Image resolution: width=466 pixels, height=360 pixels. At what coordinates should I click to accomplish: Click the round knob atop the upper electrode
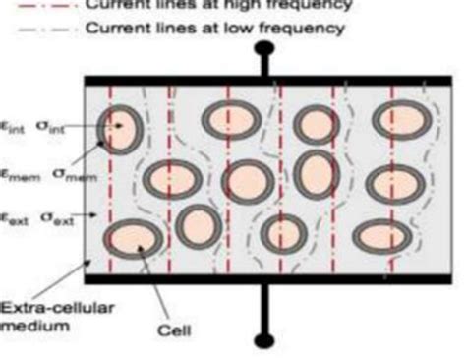coord(264,48)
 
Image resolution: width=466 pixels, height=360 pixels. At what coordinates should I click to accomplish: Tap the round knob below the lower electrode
coord(264,340)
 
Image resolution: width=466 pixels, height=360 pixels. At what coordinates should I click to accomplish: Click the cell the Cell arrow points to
coord(133,240)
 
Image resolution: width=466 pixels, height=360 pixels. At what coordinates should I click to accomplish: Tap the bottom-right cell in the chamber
coord(381,236)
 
